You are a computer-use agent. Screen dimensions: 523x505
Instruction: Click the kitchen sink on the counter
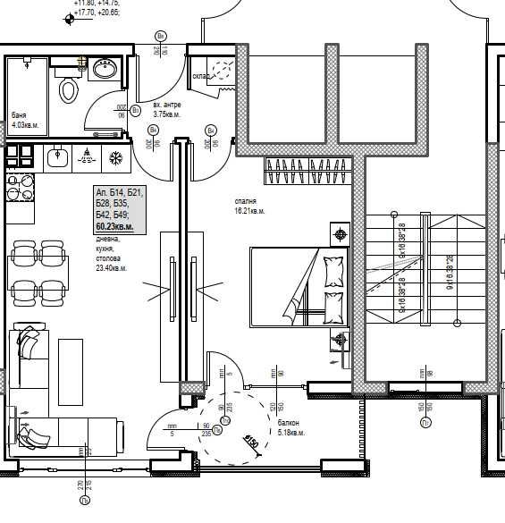(58, 157)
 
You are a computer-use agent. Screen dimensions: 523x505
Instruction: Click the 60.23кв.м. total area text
(114, 228)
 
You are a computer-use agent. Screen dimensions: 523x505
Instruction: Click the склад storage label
(201, 76)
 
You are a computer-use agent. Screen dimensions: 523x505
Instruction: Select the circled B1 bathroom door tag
(136, 110)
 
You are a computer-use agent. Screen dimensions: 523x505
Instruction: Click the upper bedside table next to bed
(340, 235)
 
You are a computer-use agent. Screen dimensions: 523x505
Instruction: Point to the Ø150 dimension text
(251, 442)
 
